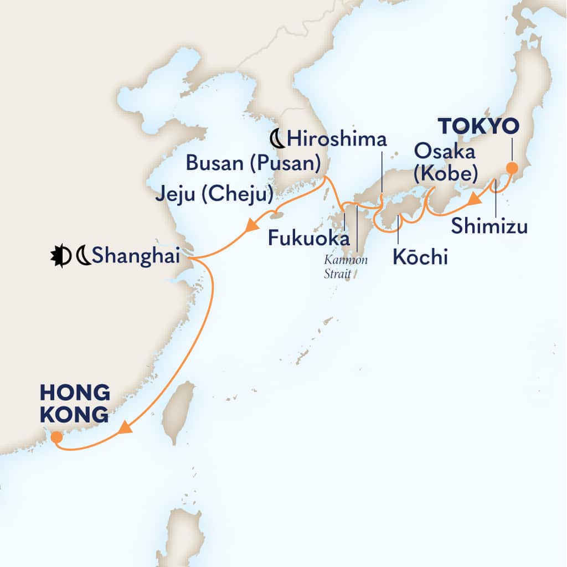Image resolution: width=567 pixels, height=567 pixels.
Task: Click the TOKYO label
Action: click(480, 127)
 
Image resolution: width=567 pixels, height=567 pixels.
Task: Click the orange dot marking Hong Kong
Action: click(56, 437)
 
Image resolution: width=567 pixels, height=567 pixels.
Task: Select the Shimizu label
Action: click(489, 226)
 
